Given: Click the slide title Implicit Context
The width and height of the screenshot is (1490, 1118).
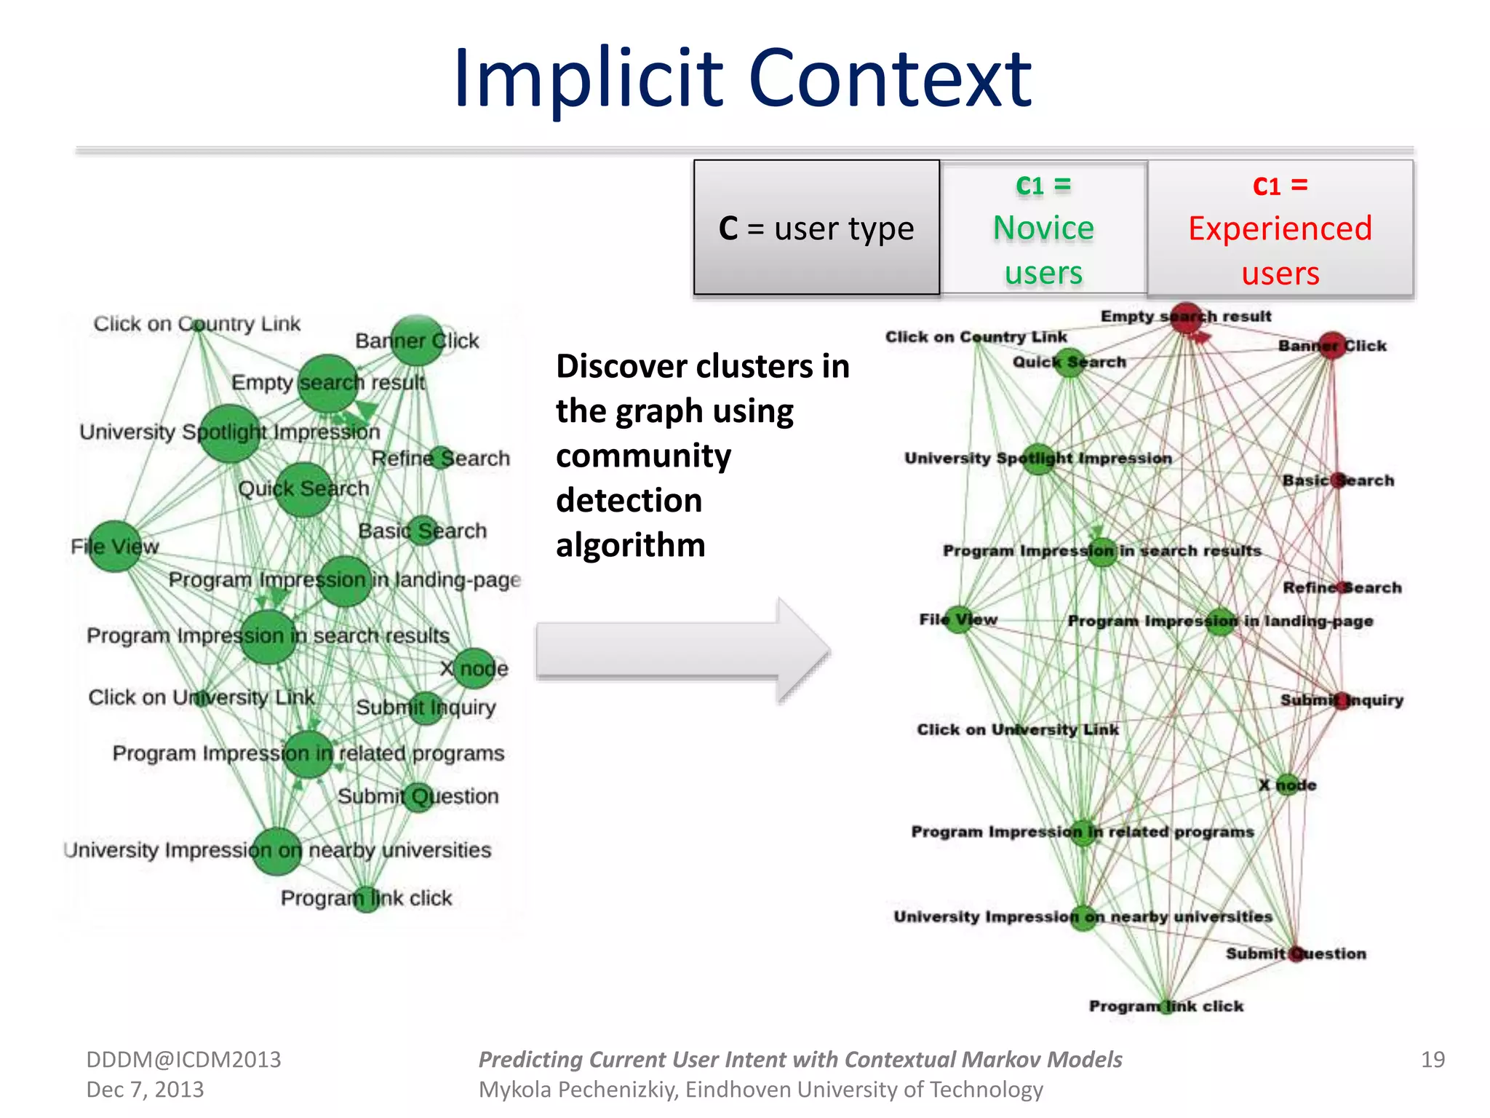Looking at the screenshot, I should (742, 79).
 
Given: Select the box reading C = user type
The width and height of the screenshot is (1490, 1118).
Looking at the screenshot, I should (816, 228).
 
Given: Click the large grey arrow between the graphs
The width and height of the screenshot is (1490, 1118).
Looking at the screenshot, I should (682, 649).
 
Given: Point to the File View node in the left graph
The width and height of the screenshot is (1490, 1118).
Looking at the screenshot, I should (115, 546).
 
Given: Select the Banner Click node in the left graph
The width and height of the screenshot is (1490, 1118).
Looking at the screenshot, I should (417, 340).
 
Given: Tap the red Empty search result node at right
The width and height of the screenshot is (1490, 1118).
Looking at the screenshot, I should (1186, 318).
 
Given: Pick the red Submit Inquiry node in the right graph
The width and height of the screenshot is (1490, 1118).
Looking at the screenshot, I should (1342, 700).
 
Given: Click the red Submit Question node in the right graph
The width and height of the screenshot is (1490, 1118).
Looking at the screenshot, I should (1296, 954).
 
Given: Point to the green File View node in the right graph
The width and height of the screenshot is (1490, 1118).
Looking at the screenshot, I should (959, 619).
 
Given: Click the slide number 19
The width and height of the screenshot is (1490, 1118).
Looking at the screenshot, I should (1433, 1060).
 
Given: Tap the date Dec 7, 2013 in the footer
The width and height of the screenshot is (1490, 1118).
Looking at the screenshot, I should (145, 1090).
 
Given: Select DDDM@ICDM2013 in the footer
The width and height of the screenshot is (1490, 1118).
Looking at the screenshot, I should (183, 1060).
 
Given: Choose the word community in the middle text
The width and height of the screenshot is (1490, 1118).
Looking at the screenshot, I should (643, 456).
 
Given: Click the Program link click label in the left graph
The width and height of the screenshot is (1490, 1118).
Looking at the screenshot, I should (366, 898).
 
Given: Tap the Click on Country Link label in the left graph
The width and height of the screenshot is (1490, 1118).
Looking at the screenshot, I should (196, 324).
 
